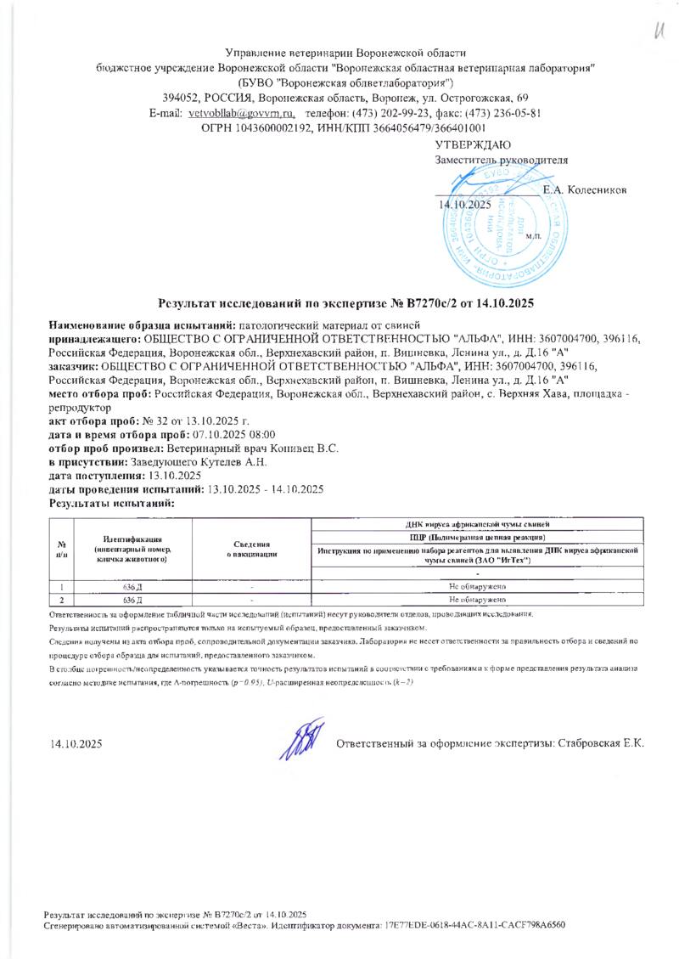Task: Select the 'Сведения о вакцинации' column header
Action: pyautogui.click(x=252, y=549)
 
